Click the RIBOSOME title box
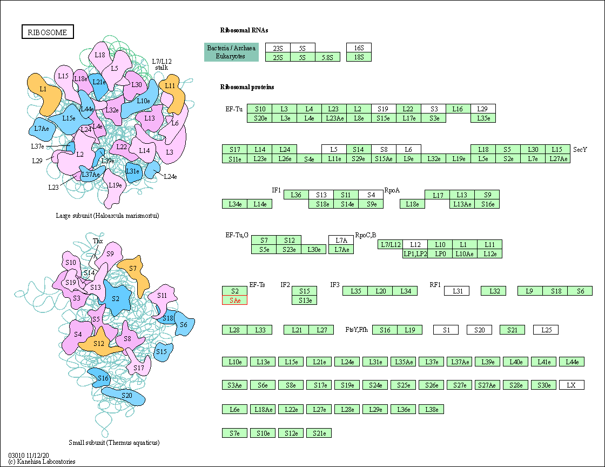coord(48,32)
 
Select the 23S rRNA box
coord(278,48)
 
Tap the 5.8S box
coord(327,57)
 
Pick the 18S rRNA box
coord(359,57)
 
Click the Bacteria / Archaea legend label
coord(231,48)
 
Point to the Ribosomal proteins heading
coord(247,87)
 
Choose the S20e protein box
coord(260,118)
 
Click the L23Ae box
coord(334,118)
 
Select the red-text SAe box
coord(234,300)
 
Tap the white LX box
coord(572,385)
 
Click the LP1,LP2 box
coord(415,253)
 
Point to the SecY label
coord(580,149)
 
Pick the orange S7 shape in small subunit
coord(133,272)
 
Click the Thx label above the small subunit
coord(98,241)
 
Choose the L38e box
coord(431,409)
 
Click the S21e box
coord(319,433)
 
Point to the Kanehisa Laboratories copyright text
coord(42,462)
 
